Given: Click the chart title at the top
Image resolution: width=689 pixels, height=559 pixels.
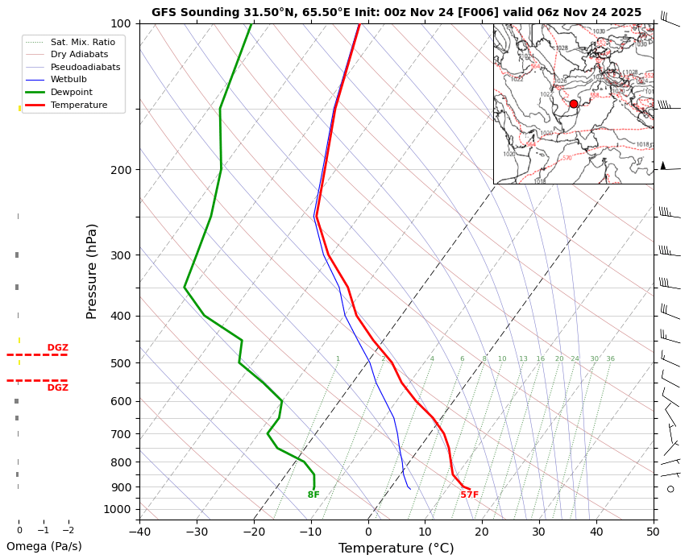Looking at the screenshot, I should coord(396,12).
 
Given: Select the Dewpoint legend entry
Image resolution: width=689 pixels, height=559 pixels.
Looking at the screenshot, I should coord(71,92).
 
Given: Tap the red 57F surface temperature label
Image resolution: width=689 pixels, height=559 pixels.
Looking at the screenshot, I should coord(469,495).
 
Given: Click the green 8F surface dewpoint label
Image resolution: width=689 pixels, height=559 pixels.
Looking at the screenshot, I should coord(313,495).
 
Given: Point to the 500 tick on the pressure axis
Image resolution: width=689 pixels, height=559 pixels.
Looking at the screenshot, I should coord(121,363).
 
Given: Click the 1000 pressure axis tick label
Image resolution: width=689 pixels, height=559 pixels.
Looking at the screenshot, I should coord(118,509).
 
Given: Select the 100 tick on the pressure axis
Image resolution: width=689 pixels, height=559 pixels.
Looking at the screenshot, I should coord(121,23).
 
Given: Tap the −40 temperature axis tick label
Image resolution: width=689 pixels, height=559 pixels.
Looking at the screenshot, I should coord(139,532).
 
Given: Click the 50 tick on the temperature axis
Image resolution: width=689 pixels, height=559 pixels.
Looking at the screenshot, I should coord(654,532).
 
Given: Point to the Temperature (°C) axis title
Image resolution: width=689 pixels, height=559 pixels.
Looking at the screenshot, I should coord(396,549).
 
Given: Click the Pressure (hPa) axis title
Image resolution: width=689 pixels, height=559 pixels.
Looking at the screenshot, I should coord(92,271).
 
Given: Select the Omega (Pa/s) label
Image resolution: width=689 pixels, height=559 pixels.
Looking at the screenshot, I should coord(44,546).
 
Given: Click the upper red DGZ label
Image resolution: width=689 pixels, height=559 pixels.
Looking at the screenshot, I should coord(57,348).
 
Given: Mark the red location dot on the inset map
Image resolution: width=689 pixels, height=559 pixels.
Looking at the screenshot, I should coord(574,104).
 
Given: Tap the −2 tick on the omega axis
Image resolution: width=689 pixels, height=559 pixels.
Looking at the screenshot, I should coord(68,530).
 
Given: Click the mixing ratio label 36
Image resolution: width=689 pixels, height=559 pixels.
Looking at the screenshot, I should coord(610,359).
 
